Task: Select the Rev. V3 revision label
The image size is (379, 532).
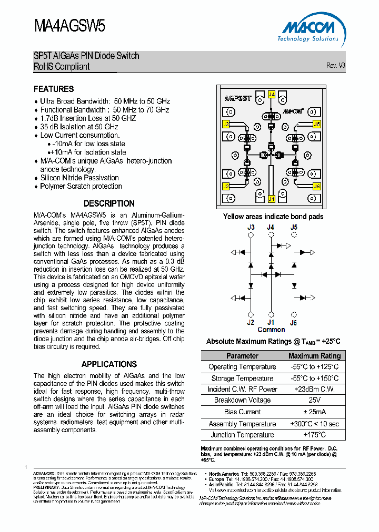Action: (335, 65)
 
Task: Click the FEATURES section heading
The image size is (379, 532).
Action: (54, 89)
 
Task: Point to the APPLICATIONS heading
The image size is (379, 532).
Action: (109, 364)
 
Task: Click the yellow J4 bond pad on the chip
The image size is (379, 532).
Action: (271, 95)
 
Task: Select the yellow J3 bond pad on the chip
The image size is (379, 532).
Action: (226, 124)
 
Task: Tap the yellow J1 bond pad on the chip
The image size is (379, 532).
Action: (271, 199)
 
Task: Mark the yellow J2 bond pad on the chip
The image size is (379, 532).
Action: (226, 186)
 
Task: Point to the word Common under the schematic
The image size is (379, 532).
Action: (271, 330)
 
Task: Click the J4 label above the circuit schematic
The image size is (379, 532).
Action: (271, 227)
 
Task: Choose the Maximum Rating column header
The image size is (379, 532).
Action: (315, 356)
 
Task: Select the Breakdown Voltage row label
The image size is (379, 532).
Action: (242, 401)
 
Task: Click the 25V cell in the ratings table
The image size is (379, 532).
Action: (315, 401)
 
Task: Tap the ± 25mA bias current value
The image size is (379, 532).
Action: (315, 412)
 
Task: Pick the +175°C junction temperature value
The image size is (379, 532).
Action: (315, 435)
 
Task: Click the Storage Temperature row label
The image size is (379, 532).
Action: (242, 378)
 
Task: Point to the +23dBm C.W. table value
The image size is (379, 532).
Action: (315, 390)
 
